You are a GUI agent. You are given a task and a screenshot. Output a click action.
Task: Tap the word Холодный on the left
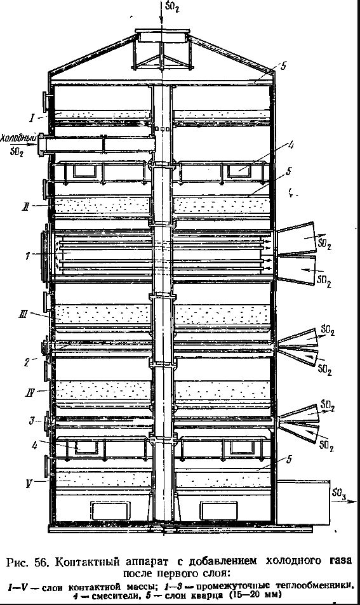(x=18, y=138)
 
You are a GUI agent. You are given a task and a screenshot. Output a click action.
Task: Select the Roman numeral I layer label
(x=33, y=117)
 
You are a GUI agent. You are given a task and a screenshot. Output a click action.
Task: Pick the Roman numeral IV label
(x=30, y=393)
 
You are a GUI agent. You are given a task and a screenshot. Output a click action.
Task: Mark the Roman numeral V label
(x=29, y=484)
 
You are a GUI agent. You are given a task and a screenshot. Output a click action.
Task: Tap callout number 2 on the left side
(x=26, y=362)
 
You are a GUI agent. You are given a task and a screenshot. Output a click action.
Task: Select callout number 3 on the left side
(x=32, y=420)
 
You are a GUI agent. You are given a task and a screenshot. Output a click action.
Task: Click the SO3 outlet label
(x=338, y=493)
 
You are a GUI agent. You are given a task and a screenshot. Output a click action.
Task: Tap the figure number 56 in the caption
(x=43, y=562)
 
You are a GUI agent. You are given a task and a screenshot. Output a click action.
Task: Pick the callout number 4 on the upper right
(x=291, y=145)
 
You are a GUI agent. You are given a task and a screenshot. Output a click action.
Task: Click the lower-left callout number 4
(x=35, y=445)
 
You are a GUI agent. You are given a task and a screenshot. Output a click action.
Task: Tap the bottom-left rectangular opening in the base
(x=110, y=510)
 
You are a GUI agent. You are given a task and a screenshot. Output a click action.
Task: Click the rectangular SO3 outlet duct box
(x=303, y=502)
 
